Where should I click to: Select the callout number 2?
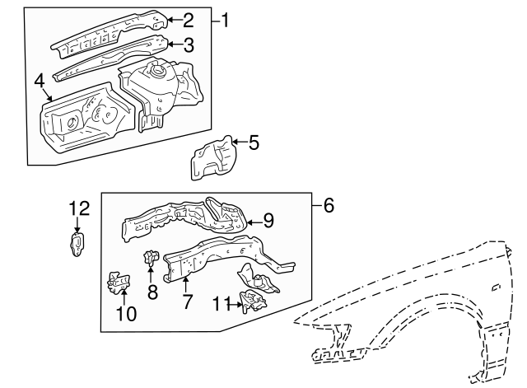tap(188, 20)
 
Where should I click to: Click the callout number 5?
tap(253, 143)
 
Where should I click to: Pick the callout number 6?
tap(328, 205)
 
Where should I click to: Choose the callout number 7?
tap(187, 302)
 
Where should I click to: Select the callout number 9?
tap(268, 220)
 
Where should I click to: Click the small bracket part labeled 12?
tap(78, 244)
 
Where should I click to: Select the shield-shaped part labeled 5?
tap(212, 157)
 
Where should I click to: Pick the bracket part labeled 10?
tap(119, 283)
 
